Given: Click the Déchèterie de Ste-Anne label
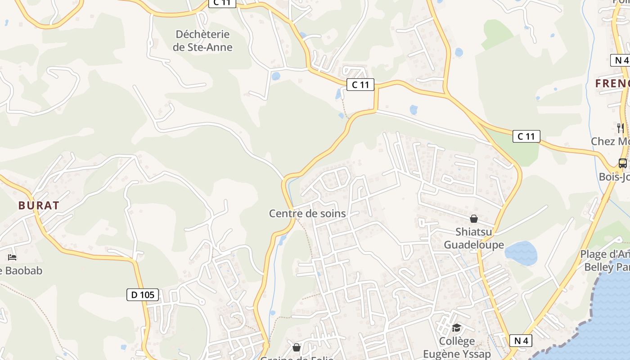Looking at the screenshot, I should [202, 40].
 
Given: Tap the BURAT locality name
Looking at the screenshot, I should [39, 206].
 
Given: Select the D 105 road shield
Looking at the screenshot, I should [143, 295].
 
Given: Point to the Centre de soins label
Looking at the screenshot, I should [307, 213].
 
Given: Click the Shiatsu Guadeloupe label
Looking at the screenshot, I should [474, 238].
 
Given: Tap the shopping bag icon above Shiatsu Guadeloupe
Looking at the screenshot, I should [473, 219].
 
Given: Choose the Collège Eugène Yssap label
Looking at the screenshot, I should [457, 347].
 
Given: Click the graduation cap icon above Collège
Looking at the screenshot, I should [456, 327].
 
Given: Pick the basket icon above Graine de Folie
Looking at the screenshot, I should [297, 347].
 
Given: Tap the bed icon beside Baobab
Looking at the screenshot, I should [12, 257].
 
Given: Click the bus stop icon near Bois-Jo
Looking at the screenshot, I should [623, 163].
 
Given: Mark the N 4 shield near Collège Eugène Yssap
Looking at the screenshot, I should [521, 341].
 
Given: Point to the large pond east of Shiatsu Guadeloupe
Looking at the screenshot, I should [521, 253].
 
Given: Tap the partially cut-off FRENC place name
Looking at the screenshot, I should [612, 83].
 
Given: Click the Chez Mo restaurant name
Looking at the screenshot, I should [610, 141].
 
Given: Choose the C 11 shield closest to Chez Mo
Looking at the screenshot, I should [526, 136].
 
